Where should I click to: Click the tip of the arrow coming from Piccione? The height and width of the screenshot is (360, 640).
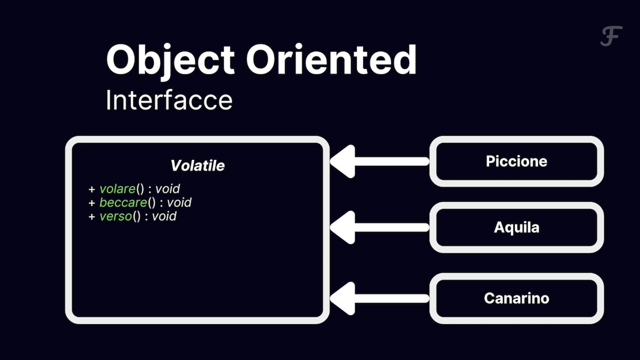(330, 162)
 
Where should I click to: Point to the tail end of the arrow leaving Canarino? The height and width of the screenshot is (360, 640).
(429, 299)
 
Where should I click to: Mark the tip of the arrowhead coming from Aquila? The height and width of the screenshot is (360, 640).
(330, 227)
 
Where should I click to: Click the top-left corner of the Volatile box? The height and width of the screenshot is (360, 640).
(66, 137)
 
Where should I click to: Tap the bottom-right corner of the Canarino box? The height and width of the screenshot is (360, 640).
(603, 323)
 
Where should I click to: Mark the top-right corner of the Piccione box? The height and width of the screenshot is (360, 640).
(603, 137)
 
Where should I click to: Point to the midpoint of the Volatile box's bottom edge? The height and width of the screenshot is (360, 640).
(197, 321)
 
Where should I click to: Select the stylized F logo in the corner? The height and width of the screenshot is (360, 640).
(611, 36)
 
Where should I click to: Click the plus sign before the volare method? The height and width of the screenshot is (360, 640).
(92, 189)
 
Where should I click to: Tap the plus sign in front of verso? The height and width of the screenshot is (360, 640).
(92, 217)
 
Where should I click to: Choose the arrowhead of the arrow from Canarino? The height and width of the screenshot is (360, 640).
(342, 299)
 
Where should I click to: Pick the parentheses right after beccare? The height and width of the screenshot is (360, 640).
(151, 203)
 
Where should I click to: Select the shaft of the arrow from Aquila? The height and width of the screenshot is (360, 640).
(392, 227)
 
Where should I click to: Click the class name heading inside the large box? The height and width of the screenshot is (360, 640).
(197, 165)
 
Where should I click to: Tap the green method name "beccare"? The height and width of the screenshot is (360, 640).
(123, 203)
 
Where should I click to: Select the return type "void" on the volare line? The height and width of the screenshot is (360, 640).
(167, 189)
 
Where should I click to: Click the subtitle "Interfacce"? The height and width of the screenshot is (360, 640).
(169, 100)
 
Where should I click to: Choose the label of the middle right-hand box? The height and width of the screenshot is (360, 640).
(517, 228)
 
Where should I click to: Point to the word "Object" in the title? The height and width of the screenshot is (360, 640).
(171, 61)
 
